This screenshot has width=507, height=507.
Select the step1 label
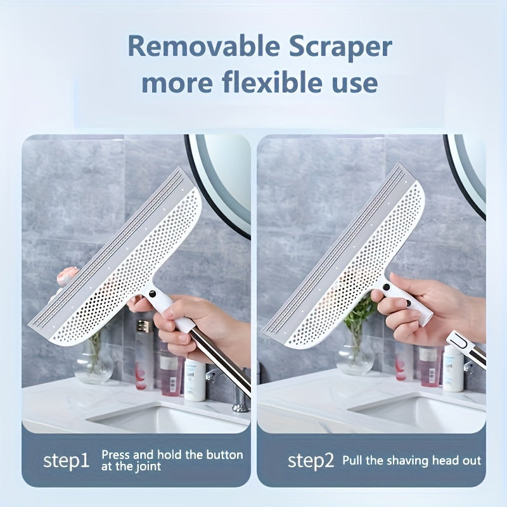[66, 461]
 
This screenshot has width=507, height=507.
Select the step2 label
[311, 461]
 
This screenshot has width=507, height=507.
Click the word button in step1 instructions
[225, 454]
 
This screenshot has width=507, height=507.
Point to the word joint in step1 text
[148, 466]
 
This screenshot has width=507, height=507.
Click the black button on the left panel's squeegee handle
[152, 294]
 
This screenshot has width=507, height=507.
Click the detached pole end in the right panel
[466, 346]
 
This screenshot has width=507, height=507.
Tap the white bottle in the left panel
[195, 380]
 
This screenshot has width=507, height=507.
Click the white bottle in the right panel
[453, 368]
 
